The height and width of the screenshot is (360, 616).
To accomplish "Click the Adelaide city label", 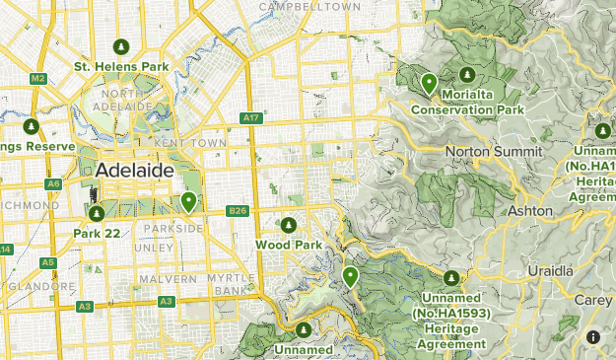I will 135,171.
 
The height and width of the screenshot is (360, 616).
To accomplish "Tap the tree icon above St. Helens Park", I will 121,46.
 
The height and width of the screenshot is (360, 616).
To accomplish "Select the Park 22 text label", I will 96,233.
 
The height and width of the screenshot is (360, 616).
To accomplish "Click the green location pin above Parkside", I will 188,202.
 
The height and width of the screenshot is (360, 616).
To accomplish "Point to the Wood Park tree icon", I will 289,225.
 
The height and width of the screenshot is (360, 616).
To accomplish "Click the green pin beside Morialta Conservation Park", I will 429,84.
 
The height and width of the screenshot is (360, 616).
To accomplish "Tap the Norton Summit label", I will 494,151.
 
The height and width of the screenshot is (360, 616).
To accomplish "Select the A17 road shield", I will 250,118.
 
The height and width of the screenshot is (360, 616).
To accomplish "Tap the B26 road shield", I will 237,210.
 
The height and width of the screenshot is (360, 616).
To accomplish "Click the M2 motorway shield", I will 38,78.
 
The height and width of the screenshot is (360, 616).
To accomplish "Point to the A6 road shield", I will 53,183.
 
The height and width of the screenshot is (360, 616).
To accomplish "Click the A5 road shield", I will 47,261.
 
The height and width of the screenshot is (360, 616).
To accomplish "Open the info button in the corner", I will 593,337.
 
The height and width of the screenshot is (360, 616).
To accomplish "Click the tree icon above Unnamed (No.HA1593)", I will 451,279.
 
